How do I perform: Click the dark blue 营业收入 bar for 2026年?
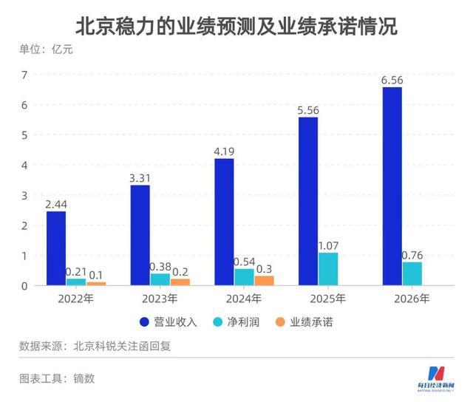tap(392, 186)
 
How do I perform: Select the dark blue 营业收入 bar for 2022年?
tap(55, 248)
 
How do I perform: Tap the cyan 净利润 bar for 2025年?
tap(328, 269)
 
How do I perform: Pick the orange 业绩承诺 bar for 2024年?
tap(264, 281)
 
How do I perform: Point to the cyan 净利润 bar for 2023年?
tap(160, 279)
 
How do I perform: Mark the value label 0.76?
tap(412, 255)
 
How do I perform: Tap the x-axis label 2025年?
tap(328, 299)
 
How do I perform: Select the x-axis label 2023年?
tap(160, 299)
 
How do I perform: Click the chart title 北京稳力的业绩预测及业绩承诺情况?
tap(236, 27)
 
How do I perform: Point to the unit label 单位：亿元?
tap(47, 50)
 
